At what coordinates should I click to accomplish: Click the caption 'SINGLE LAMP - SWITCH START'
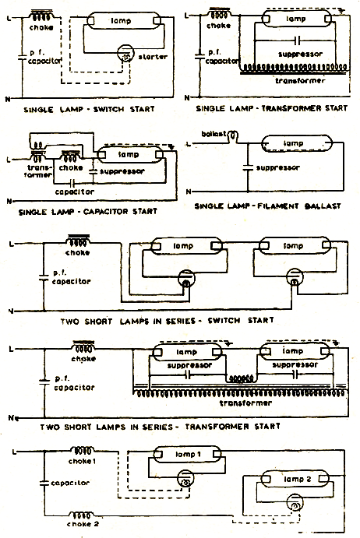click(x=89, y=110)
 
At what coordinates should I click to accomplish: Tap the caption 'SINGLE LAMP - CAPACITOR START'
click(x=90, y=210)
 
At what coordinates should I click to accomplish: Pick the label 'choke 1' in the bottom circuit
click(x=83, y=461)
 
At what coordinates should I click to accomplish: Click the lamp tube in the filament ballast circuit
click(x=293, y=143)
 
